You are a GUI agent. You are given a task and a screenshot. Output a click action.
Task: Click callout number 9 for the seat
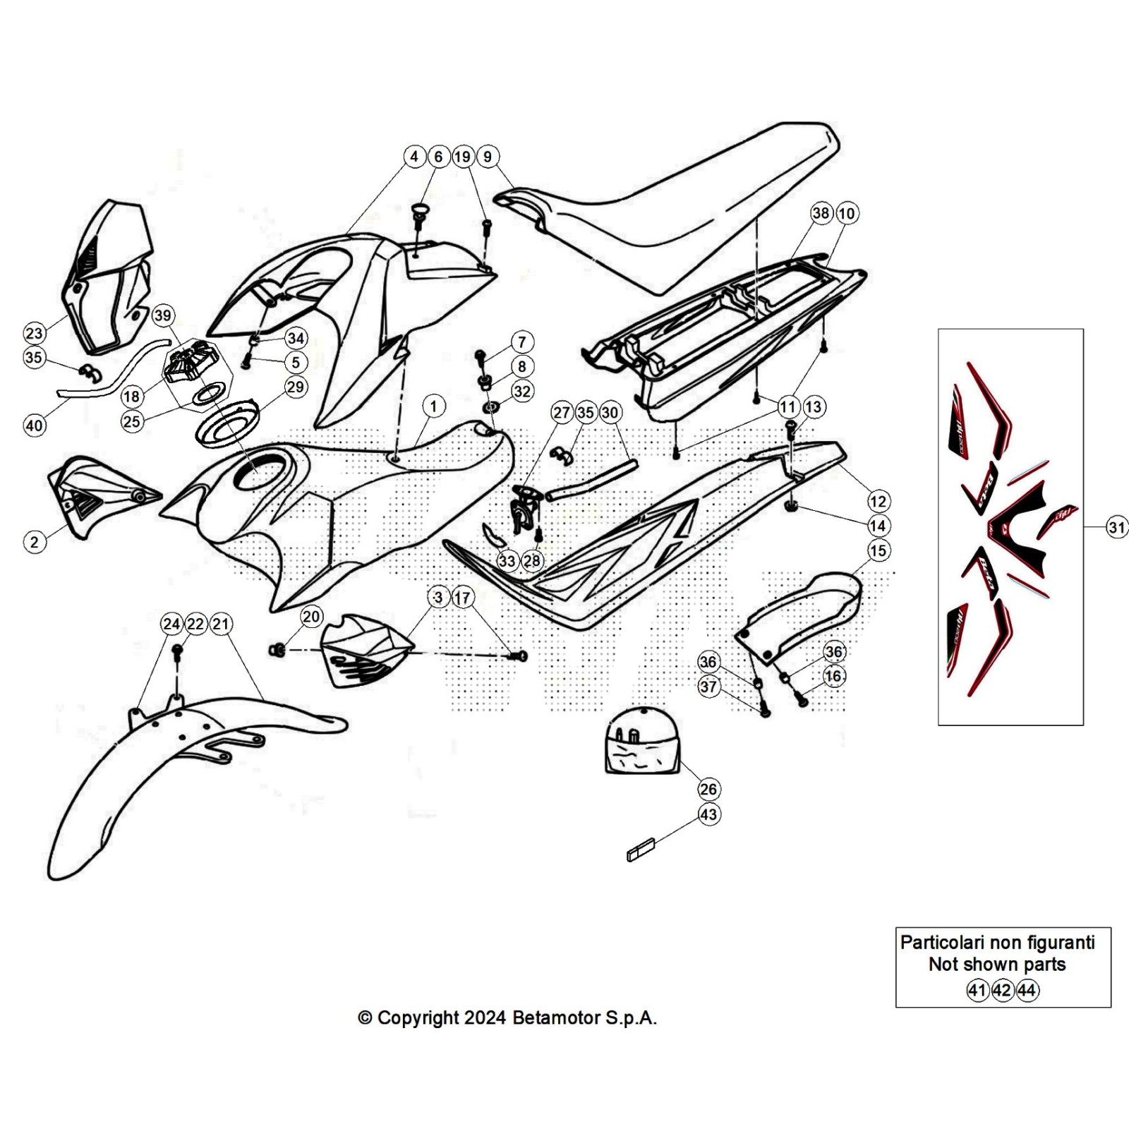488,157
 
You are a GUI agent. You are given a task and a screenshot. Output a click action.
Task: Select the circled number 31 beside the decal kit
1116,527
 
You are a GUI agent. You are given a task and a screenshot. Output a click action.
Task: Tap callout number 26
708,789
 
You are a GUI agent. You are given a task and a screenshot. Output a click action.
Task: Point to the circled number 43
708,814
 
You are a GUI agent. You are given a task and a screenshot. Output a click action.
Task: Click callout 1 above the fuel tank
433,406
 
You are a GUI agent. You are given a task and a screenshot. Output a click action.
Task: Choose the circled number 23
34,333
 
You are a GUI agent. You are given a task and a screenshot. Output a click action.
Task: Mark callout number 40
34,425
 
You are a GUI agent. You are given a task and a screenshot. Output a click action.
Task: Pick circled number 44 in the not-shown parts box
1027,990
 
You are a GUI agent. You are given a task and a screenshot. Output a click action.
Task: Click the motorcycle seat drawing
677,212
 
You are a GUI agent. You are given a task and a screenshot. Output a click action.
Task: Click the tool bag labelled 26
641,741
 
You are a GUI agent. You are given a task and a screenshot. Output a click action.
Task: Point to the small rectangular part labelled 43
641,849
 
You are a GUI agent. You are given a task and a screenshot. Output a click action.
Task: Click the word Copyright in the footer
418,1018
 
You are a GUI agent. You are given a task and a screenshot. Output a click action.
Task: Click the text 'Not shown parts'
996,965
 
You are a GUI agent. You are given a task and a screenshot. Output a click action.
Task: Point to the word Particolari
941,943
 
